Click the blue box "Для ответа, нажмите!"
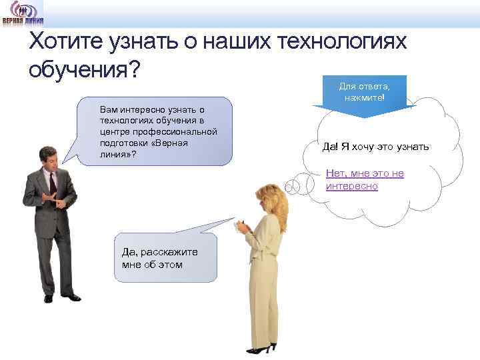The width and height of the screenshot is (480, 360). click(x=364, y=92)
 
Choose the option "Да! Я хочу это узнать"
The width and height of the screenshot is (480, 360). click(x=375, y=147)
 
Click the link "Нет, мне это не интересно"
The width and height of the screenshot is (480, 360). click(x=365, y=180)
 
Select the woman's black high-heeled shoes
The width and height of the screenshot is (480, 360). click(x=261, y=349)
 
